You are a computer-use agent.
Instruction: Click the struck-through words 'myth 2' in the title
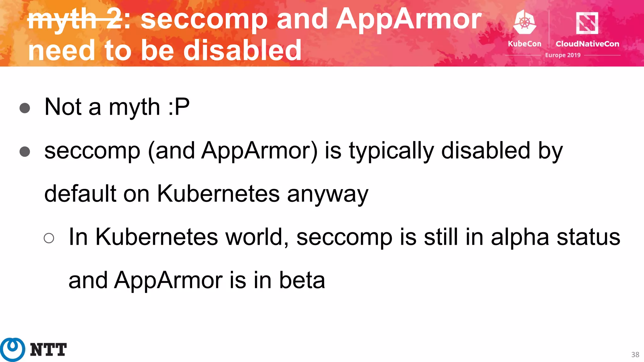[x=75, y=19]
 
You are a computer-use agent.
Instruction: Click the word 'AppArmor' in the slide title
[x=409, y=19]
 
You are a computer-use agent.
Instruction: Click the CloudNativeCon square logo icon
[x=587, y=23]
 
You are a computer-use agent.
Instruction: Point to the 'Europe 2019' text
[x=563, y=55]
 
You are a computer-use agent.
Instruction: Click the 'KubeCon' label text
[x=525, y=44]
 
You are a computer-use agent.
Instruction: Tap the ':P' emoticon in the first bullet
[x=179, y=107]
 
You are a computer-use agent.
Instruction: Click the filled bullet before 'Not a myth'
[x=25, y=108]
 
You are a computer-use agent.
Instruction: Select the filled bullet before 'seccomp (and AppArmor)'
[x=25, y=152]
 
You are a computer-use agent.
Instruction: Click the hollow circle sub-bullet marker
[x=49, y=238]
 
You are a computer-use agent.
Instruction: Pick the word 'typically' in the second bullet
[x=391, y=151]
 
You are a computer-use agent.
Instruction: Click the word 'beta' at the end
[x=302, y=280]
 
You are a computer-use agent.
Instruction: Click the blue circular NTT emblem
[x=13, y=349]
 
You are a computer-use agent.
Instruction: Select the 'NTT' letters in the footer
[x=48, y=350]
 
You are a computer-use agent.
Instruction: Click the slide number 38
[x=635, y=355]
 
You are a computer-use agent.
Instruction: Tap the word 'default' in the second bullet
[x=80, y=194]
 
